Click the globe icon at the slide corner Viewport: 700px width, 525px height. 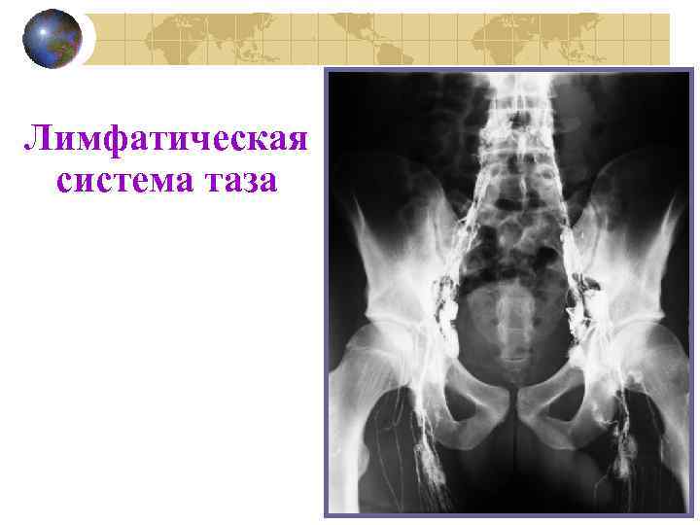[51, 40]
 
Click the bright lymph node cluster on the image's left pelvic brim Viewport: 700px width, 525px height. [442, 297]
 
